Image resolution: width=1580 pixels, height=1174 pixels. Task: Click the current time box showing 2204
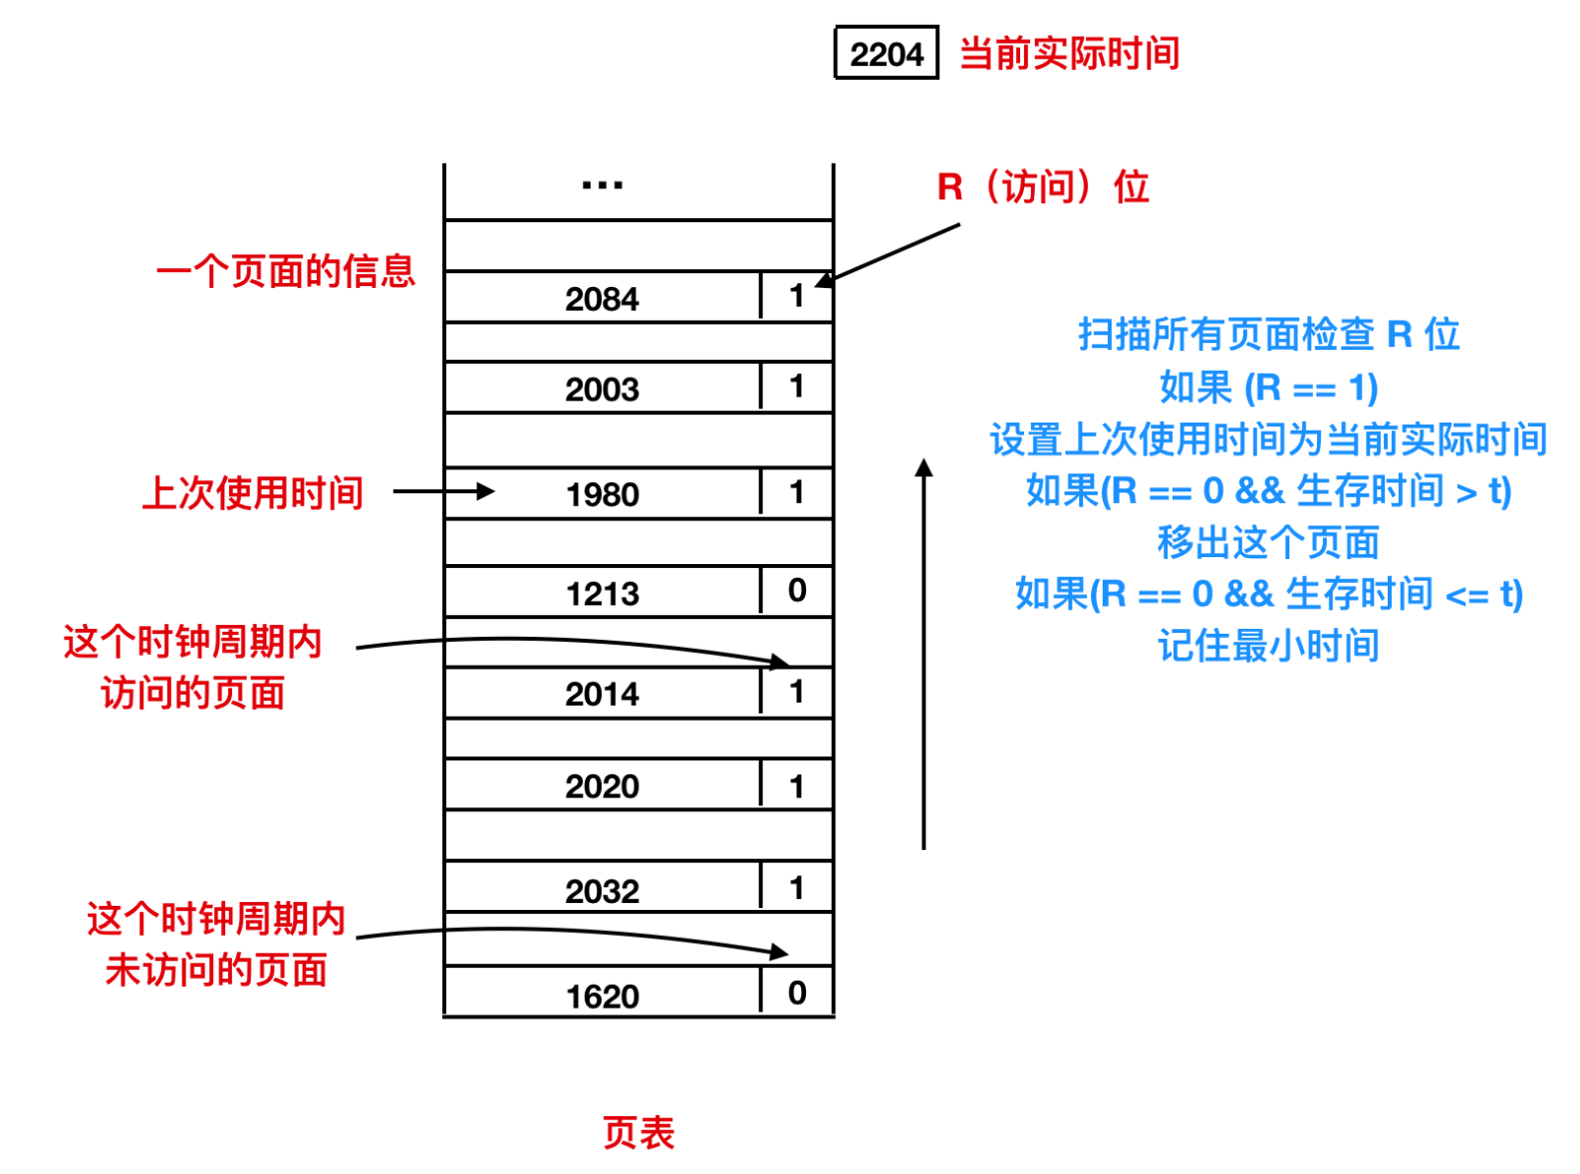point(886,53)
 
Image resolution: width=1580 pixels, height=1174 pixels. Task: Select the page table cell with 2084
point(602,298)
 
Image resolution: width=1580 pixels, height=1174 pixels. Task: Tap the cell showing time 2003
point(602,389)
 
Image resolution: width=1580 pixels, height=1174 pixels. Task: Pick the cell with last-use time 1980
point(602,493)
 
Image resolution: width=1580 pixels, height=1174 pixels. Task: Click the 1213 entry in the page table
point(602,593)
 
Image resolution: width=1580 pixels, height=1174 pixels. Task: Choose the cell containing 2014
point(602,693)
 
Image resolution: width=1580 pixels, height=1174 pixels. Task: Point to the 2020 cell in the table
point(602,785)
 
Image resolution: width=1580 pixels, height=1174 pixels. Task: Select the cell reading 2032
point(602,889)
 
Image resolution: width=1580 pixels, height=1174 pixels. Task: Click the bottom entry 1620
point(602,995)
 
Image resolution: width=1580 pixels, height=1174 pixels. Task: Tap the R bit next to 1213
point(797,590)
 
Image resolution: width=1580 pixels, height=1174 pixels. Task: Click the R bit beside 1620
point(797,993)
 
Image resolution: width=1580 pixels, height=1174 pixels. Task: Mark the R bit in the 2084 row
point(797,296)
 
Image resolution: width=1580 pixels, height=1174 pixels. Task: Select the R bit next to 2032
point(797,887)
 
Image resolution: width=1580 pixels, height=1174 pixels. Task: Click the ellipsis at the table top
point(602,185)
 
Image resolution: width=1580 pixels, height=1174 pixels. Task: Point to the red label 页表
point(639,1133)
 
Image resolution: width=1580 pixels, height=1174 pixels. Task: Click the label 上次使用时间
point(252,493)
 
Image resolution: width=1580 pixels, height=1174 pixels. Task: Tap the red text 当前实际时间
point(1069,53)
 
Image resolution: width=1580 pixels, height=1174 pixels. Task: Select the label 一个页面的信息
point(286,271)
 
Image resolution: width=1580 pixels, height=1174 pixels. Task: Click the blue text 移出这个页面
point(1267,542)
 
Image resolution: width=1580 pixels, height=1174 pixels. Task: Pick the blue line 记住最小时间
point(1267,646)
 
